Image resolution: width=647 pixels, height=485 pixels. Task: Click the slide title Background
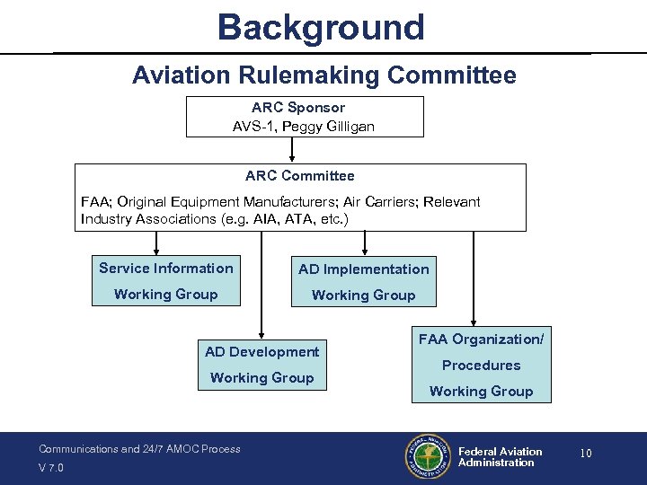pos(320,27)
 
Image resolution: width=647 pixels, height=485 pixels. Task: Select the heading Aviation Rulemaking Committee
pos(323,75)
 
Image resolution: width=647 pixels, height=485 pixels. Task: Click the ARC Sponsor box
pos(304,117)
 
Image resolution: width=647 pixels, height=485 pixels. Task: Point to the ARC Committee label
pos(299,176)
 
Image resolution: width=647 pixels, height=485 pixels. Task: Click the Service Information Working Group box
pos(165,281)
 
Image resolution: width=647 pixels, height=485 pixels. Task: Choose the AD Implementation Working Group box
pos(363,282)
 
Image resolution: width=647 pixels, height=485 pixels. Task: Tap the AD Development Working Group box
pos(261,365)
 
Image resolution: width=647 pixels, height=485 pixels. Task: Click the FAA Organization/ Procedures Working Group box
pos(481,365)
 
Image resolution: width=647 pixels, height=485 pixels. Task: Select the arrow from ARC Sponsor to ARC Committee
pos(291,150)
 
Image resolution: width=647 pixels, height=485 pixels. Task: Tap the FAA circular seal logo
pos(427,458)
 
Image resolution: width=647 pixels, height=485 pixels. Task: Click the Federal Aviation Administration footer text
pos(500,457)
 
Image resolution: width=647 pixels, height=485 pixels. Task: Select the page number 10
pos(585,454)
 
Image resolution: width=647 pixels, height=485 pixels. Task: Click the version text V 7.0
pos(52,467)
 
